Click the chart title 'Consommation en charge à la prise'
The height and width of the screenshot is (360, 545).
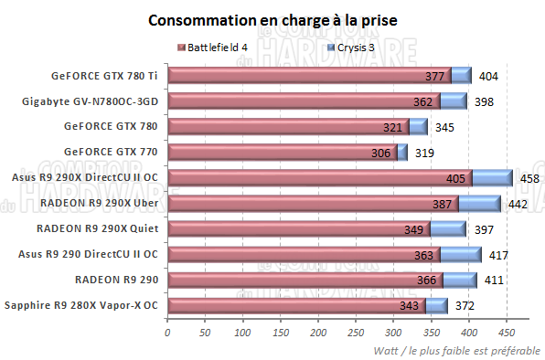point(272,19)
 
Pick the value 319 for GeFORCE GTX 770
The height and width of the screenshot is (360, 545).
point(425,153)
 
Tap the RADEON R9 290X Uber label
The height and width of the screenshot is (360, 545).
point(99,204)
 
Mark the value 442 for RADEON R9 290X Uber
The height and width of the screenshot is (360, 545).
point(518,204)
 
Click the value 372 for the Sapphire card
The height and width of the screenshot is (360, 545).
point(465,305)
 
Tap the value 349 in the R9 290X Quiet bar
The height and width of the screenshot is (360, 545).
point(415,228)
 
